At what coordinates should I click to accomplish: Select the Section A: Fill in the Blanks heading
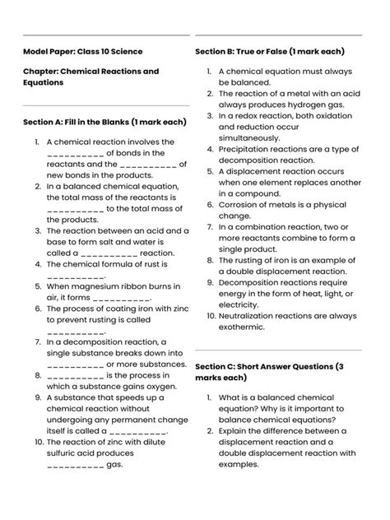point(104,123)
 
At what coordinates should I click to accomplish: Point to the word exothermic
point(243,327)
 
